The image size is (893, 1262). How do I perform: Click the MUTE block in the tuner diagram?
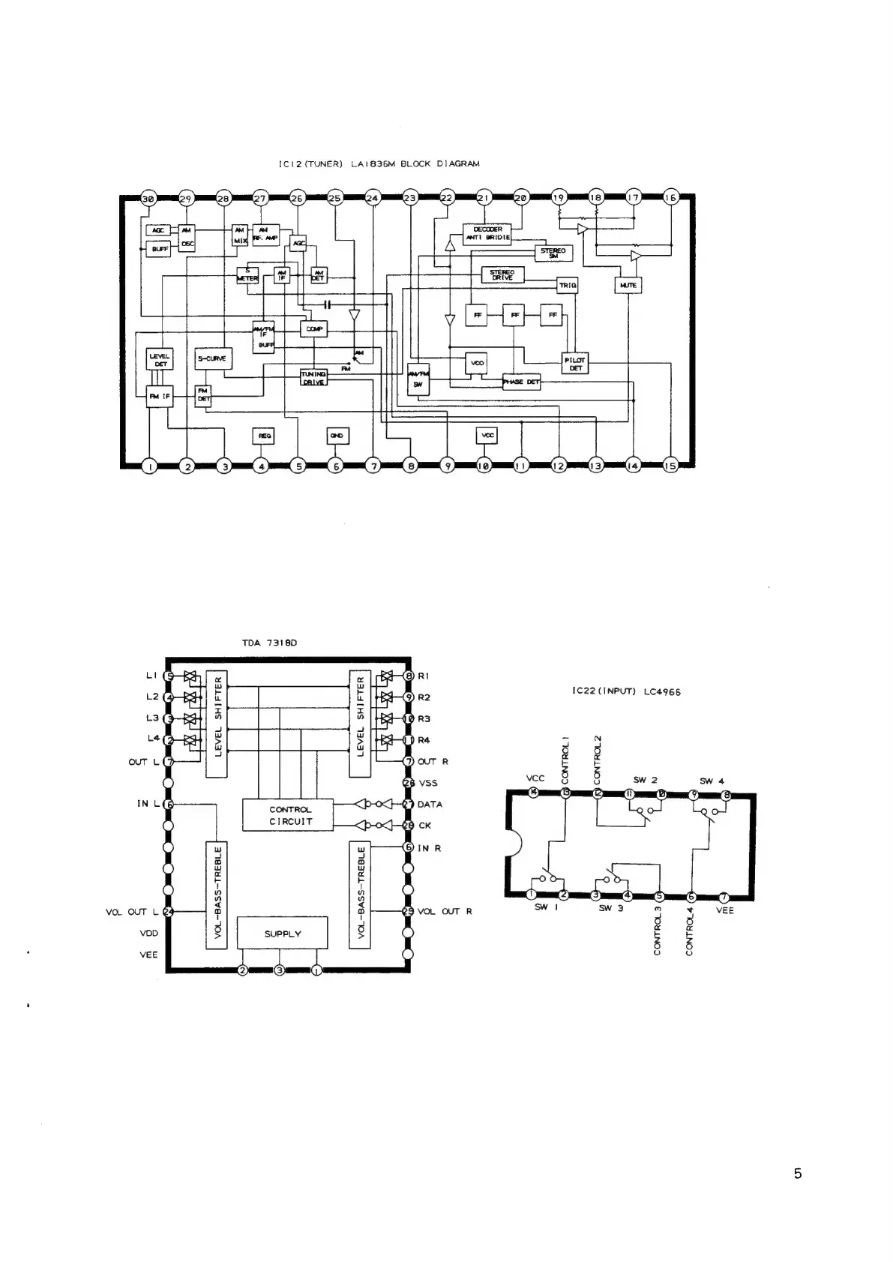[628, 285]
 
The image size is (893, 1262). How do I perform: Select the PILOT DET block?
[575, 364]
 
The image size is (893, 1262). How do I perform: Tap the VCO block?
[477, 363]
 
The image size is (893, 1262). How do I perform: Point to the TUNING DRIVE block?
[313, 377]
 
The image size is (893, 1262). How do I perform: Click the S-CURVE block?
[211, 358]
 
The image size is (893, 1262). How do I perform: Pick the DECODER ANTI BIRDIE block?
[487, 233]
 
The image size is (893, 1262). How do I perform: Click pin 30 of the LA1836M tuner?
[148, 199]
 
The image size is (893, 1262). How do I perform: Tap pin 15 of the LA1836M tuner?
[670, 466]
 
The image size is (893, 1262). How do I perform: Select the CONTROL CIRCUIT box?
[290, 815]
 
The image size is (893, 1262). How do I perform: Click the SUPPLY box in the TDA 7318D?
[283, 934]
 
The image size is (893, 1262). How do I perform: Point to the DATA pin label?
[430, 805]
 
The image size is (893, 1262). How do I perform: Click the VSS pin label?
[427, 783]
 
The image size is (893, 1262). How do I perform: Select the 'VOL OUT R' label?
[445, 912]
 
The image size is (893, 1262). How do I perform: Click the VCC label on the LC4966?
[535, 778]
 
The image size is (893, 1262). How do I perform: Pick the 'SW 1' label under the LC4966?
[541, 907]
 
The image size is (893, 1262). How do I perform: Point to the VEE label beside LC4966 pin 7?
[725, 910]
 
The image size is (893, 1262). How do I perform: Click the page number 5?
[798, 1174]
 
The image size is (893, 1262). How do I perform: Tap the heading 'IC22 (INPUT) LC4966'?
[626, 692]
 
